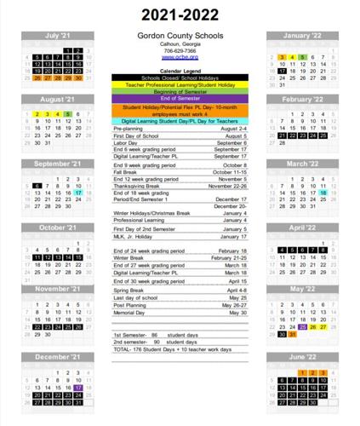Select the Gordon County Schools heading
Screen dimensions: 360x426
(179, 36)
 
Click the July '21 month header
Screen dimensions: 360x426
(57, 36)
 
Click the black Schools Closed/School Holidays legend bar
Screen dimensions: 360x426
(179, 78)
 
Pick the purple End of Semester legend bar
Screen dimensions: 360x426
(179, 99)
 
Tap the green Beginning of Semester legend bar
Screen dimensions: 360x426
(179, 92)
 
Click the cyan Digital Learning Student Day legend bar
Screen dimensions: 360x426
(179, 121)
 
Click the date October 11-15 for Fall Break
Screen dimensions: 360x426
(229, 171)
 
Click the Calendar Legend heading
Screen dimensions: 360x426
(179, 71)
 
